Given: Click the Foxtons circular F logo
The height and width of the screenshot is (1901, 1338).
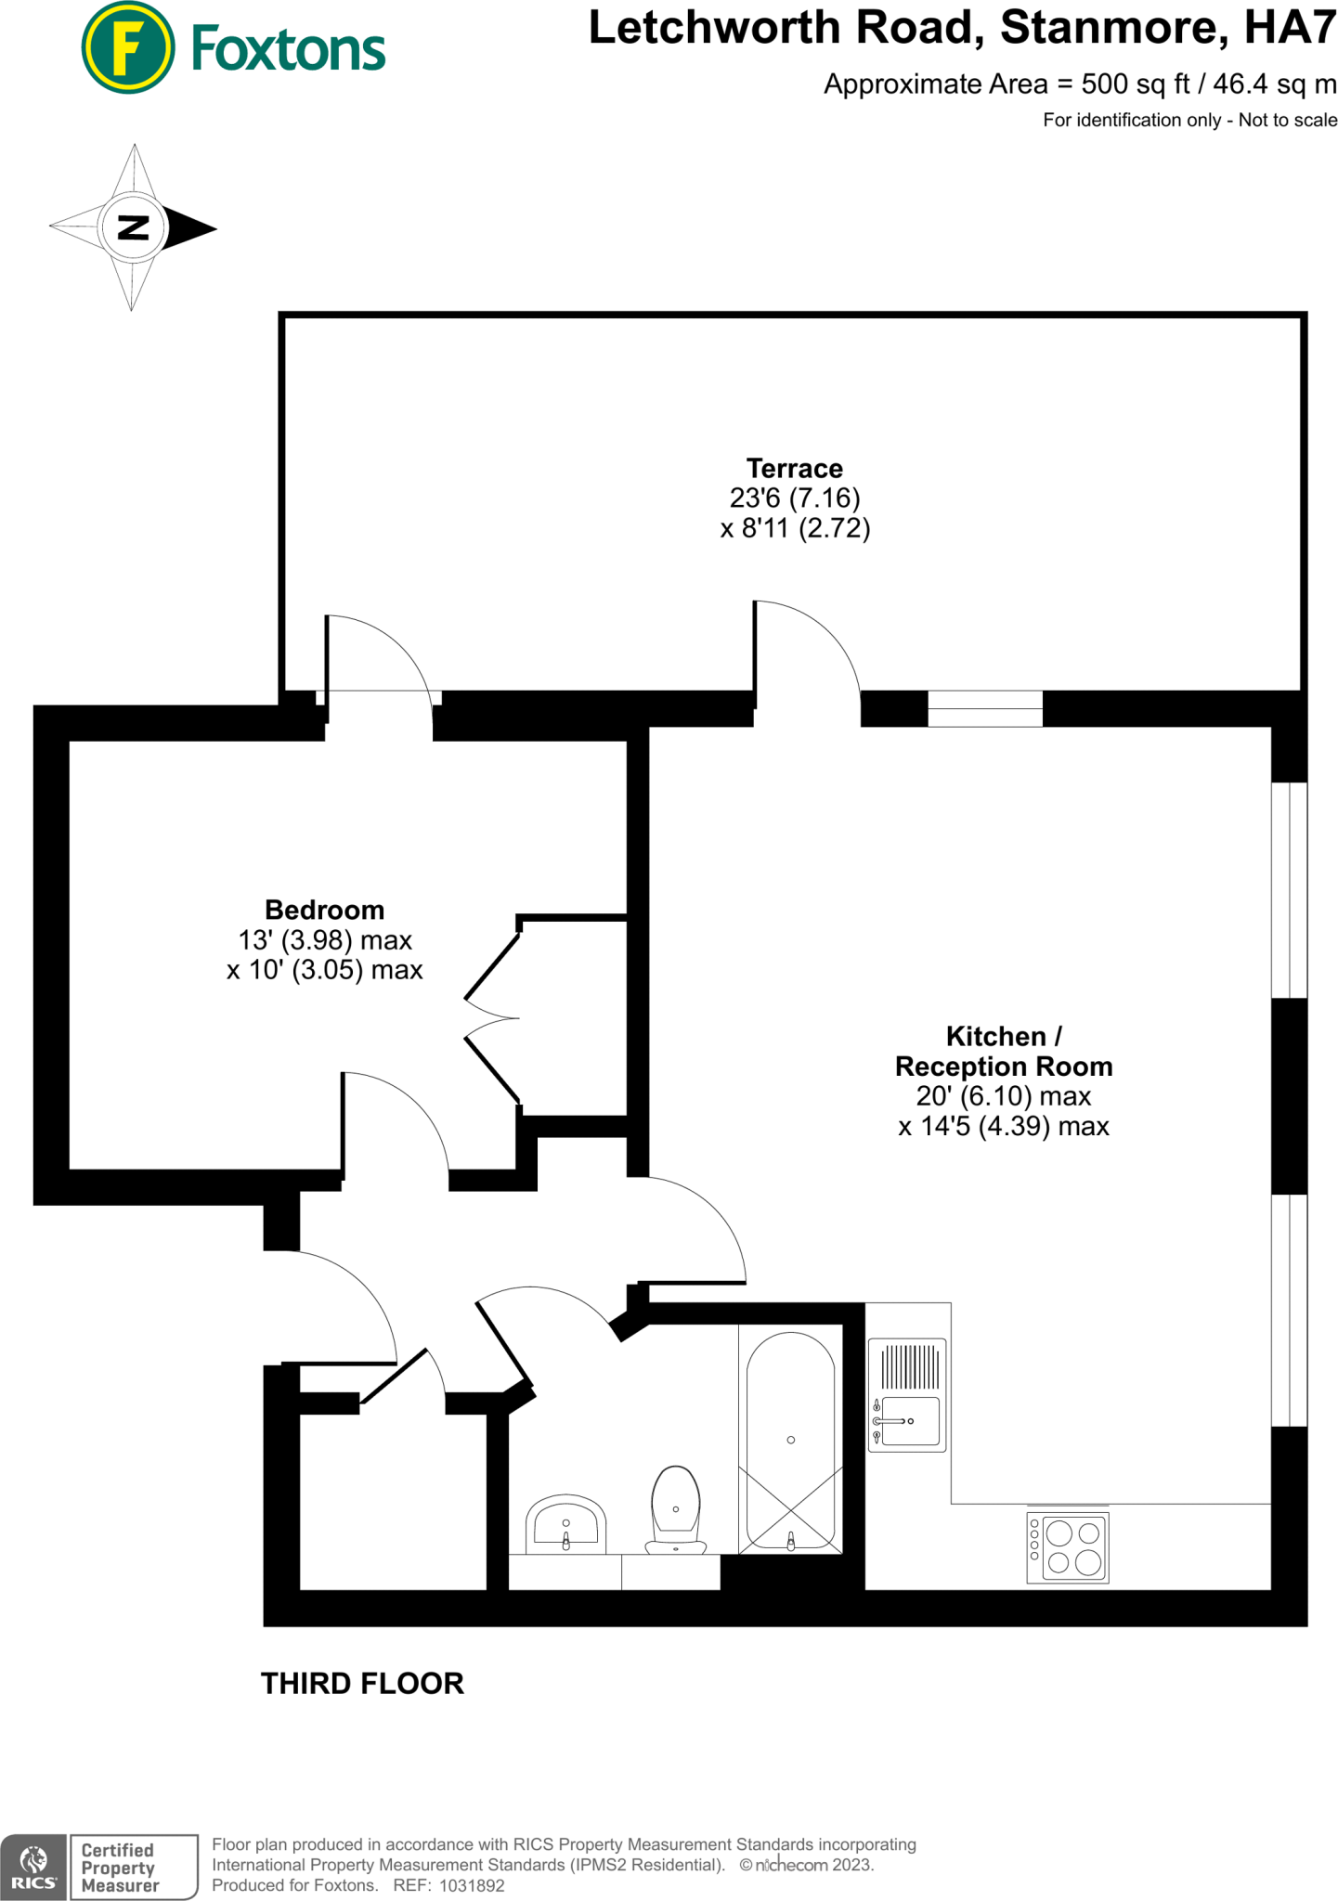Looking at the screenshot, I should tap(128, 48).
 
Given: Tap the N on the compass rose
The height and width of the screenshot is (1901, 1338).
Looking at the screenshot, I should tap(134, 227).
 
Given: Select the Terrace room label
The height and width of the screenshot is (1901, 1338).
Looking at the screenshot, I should tap(795, 469).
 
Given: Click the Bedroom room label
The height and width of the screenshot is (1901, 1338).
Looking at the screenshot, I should tap(324, 910).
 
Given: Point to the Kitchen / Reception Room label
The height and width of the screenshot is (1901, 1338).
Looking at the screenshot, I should tap(1004, 1051).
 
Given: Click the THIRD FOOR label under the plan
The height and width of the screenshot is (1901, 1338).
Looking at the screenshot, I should tap(362, 1684).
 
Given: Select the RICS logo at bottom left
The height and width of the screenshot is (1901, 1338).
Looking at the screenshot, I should tap(33, 1867).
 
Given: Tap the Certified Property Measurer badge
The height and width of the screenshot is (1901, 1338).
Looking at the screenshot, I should tap(134, 1867).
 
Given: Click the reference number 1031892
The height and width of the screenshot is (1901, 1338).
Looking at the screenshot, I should tap(472, 1885).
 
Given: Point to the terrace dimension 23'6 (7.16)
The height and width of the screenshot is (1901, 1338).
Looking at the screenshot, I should tap(795, 498).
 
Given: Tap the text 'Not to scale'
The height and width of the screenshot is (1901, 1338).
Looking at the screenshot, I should tap(1288, 120).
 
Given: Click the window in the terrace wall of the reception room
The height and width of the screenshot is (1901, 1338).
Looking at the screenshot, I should tap(985, 709).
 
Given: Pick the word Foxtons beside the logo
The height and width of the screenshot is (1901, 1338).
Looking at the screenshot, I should tap(288, 50).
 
